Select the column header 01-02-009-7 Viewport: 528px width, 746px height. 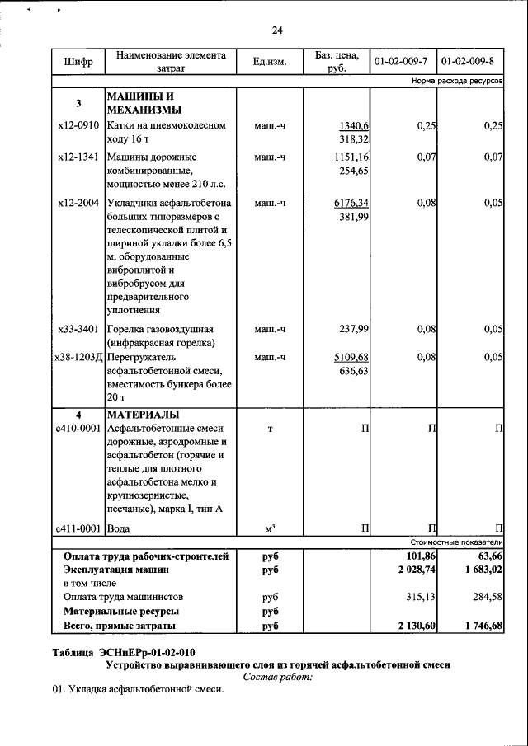coord(401,63)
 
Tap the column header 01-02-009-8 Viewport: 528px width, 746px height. coord(468,63)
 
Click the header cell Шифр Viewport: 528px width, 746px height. coord(78,63)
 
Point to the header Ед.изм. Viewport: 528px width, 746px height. coord(270,63)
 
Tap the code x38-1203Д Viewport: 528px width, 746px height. coord(78,357)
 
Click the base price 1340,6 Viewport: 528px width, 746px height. coord(353,126)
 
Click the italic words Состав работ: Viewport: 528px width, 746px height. coord(278,676)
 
